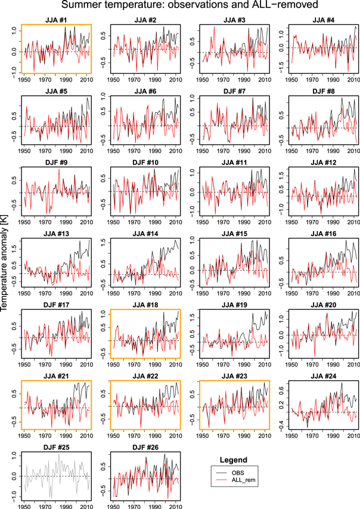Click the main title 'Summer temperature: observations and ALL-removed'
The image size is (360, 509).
pos(180,7)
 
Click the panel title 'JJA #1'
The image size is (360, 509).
pos(57,20)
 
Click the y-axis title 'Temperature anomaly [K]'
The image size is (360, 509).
pos(5,254)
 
